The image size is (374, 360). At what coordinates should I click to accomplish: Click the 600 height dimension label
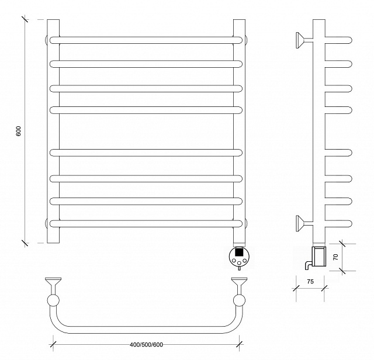[x=19, y=131]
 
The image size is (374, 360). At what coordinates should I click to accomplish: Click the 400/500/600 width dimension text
[x=147, y=345]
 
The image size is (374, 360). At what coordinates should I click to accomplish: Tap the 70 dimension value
[x=335, y=257]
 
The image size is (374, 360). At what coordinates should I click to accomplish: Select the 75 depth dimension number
[x=310, y=282]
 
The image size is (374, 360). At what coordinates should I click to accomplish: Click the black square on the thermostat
[x=239, y=252]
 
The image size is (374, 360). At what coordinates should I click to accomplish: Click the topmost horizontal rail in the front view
[x=146, y=40]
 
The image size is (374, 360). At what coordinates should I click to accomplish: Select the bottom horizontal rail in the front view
[x=146, y=223]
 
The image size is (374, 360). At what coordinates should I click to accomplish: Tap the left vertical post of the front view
[x=53, y=131]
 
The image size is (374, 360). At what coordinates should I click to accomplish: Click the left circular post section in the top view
[x=53, y=300]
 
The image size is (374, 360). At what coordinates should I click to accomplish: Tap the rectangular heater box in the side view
[x=319, y=257]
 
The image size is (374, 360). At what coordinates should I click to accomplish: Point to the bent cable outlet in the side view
[x=307, y=264]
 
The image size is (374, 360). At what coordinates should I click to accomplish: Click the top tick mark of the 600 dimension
[x=25, y=19]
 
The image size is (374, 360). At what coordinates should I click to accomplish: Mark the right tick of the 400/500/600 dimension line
[x=239, y=344]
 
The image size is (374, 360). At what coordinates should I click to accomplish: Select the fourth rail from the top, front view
[x=146, y=110]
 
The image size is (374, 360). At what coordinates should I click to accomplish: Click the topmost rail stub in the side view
[x=338, y=40]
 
